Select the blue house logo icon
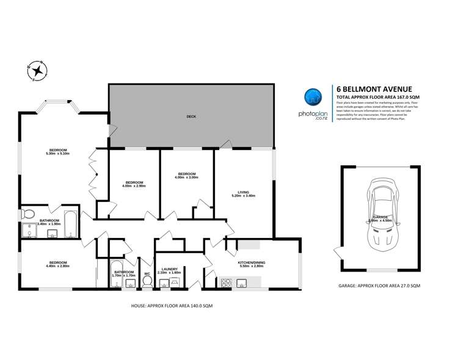coord(313,97)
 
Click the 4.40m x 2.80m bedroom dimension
coord(59,266)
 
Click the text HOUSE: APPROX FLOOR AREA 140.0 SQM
coord(172,306)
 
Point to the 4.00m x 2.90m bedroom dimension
coord(134,185)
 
